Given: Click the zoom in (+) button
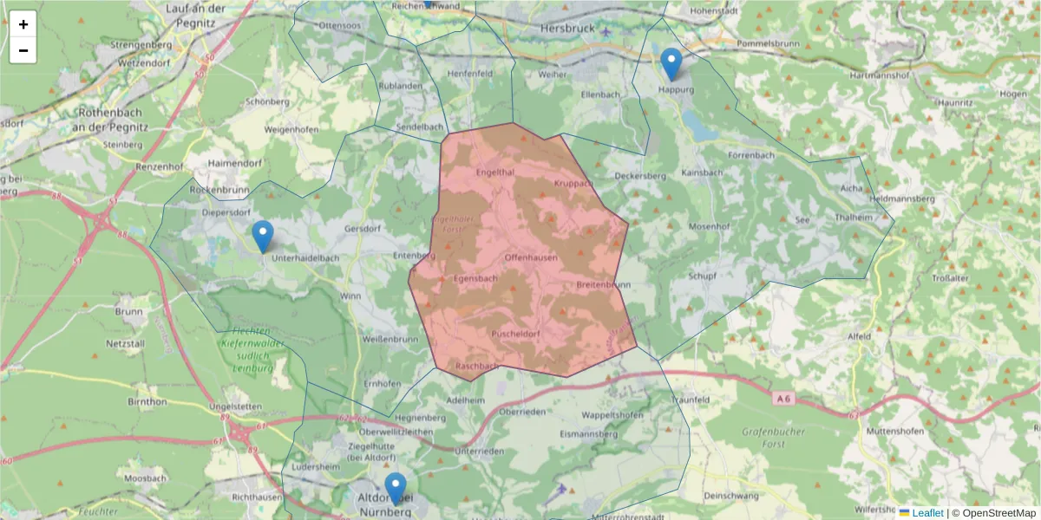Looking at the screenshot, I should click(23, 24).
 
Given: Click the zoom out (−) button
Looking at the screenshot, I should click(23, 50).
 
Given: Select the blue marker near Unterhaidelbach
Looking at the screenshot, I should click(262, 237).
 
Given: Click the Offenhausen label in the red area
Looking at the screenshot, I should click(531, 258).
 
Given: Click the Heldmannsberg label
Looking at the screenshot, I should click(900, 198).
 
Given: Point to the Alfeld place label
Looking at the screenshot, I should click(859, 336).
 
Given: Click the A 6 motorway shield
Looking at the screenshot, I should click(783, 398).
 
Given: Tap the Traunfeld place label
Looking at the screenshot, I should click(691, 400).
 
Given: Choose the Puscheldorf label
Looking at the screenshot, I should click(516, 334).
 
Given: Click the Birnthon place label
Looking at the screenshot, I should click(147, 401).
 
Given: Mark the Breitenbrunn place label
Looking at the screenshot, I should click(603, 284).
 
